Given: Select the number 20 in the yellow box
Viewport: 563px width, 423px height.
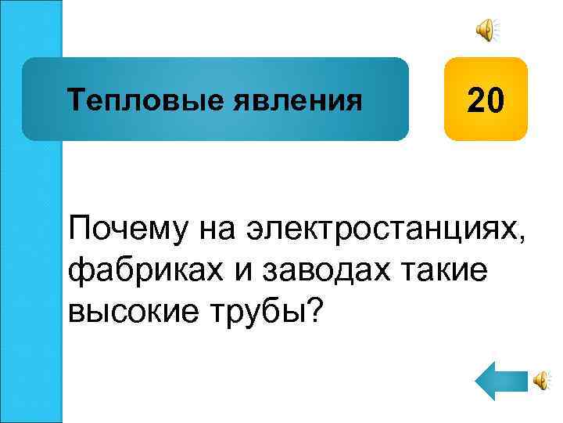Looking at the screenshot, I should (486, 100).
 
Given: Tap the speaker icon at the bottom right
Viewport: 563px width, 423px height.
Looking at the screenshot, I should (541, 380).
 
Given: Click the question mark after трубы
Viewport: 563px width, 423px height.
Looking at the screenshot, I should (312, 312).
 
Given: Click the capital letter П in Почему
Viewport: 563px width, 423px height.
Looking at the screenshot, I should (79, 232).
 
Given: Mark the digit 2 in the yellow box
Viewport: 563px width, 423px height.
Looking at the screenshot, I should (476, 100).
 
